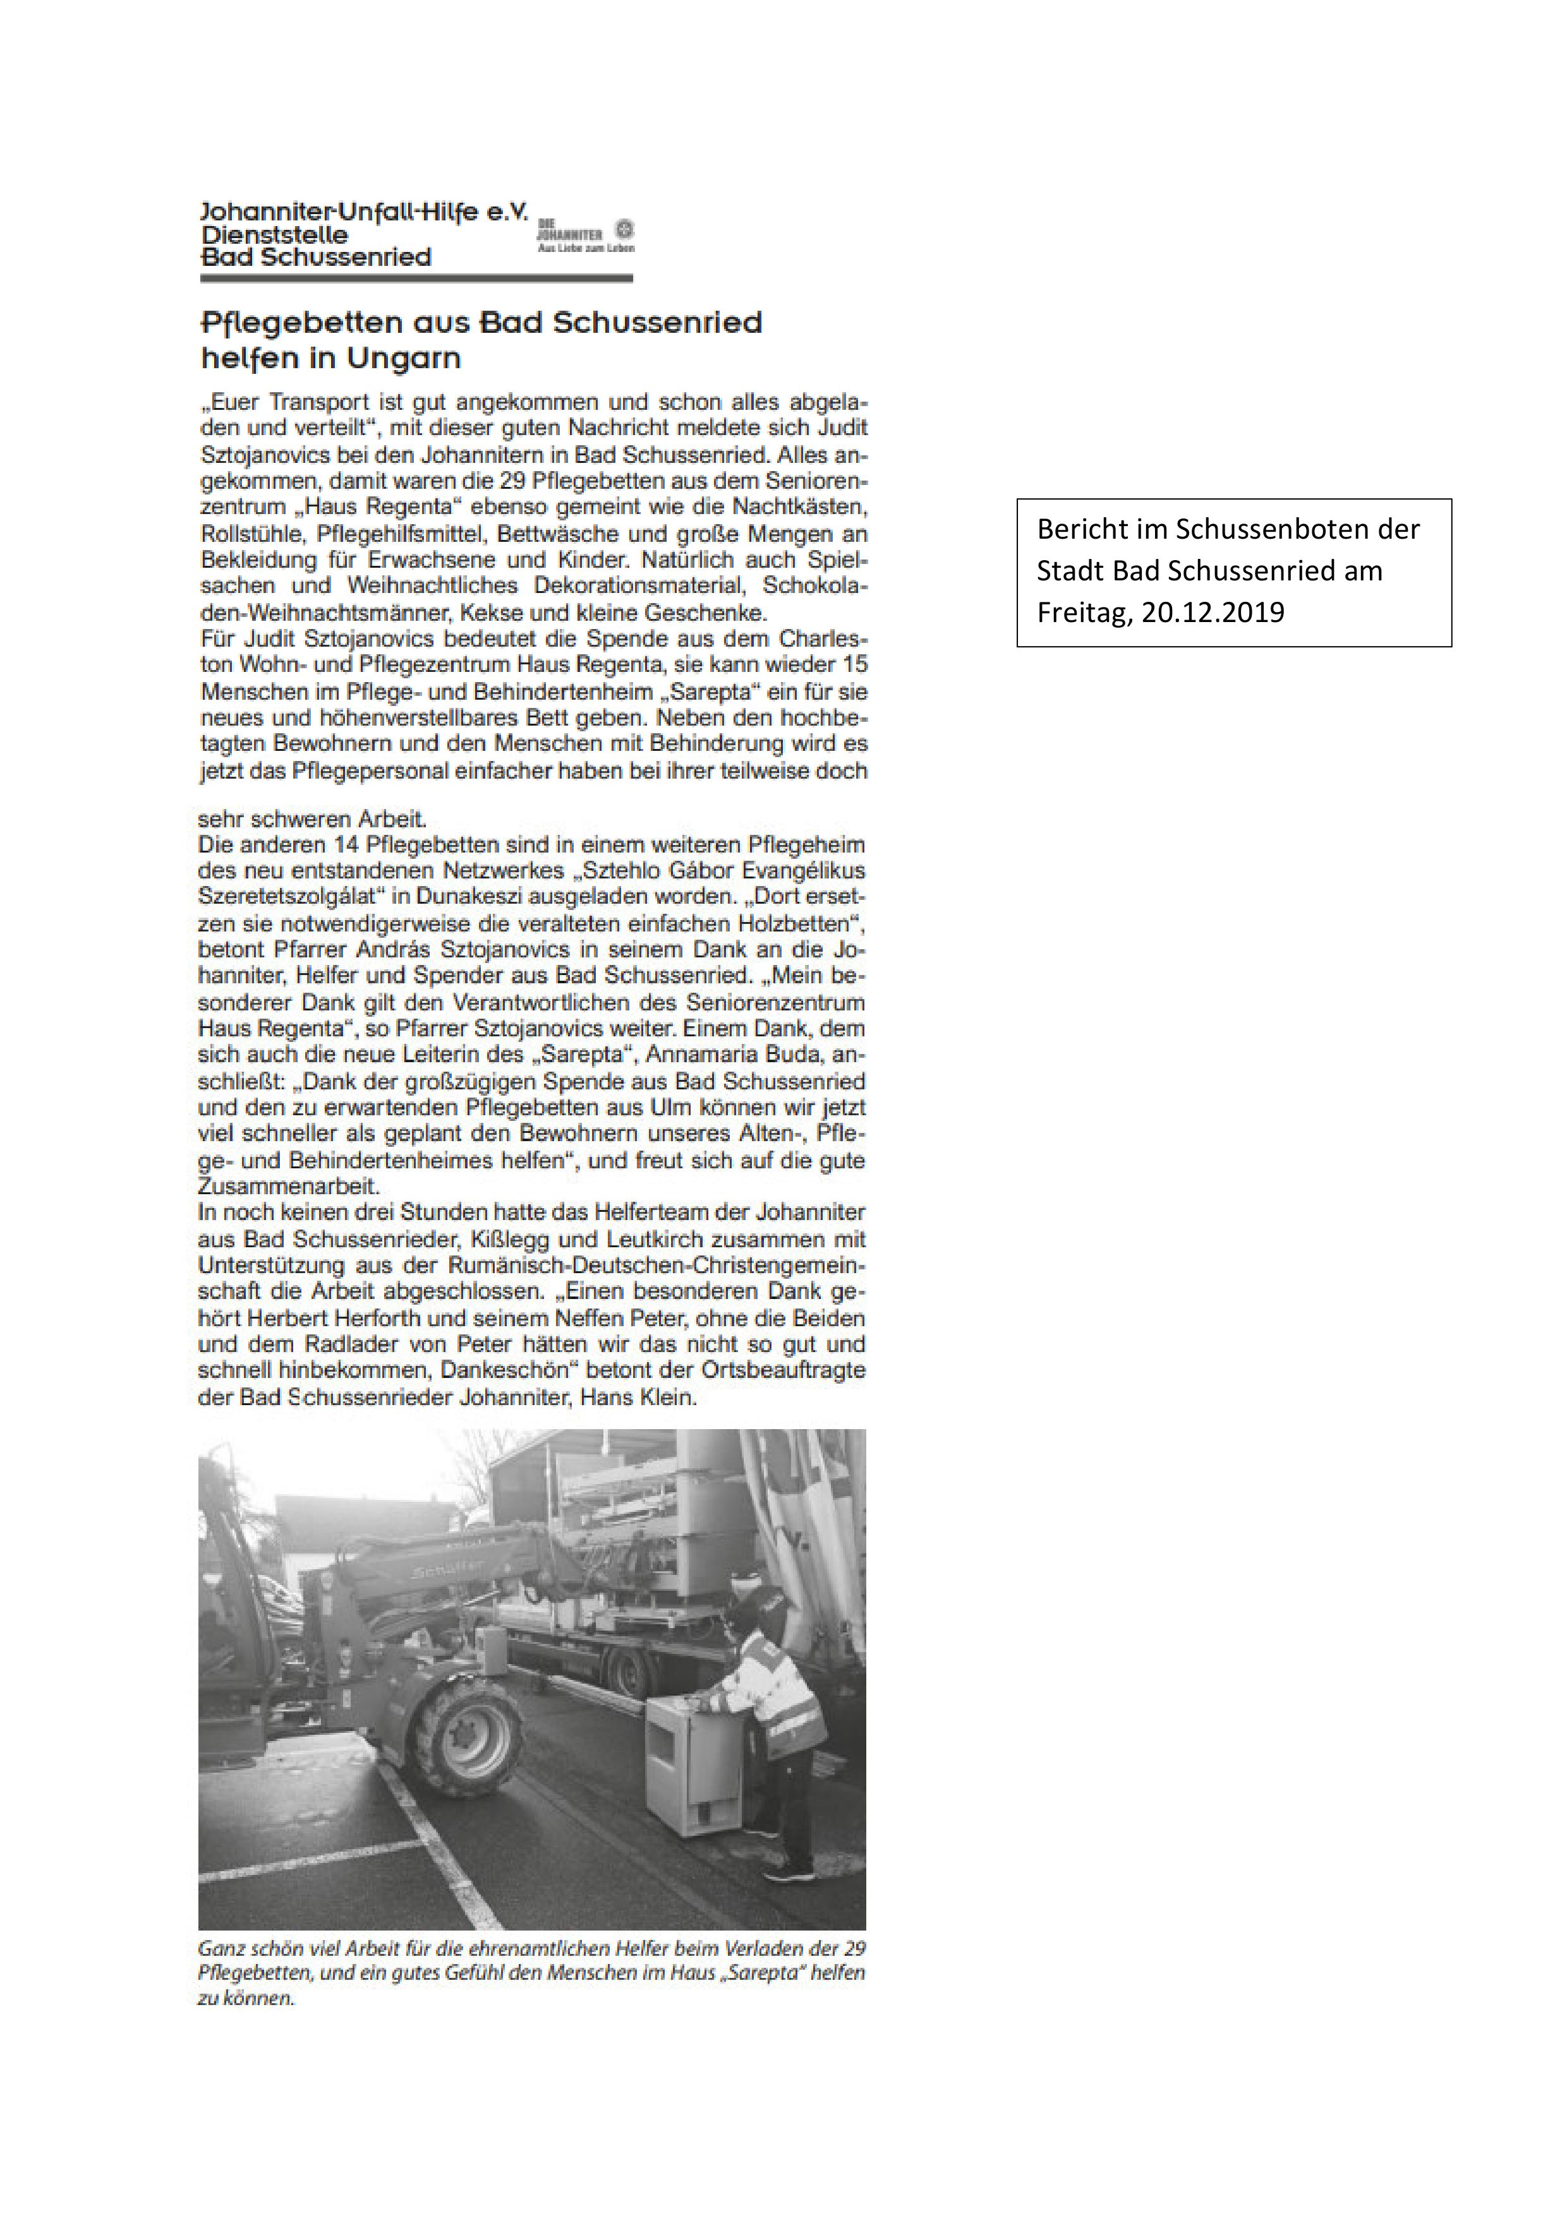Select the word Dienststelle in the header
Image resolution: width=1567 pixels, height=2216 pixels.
click(274, 234)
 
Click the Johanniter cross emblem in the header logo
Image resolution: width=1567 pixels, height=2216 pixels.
click(625, 230)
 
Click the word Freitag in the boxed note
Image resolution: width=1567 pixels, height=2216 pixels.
click(1082, 613)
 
